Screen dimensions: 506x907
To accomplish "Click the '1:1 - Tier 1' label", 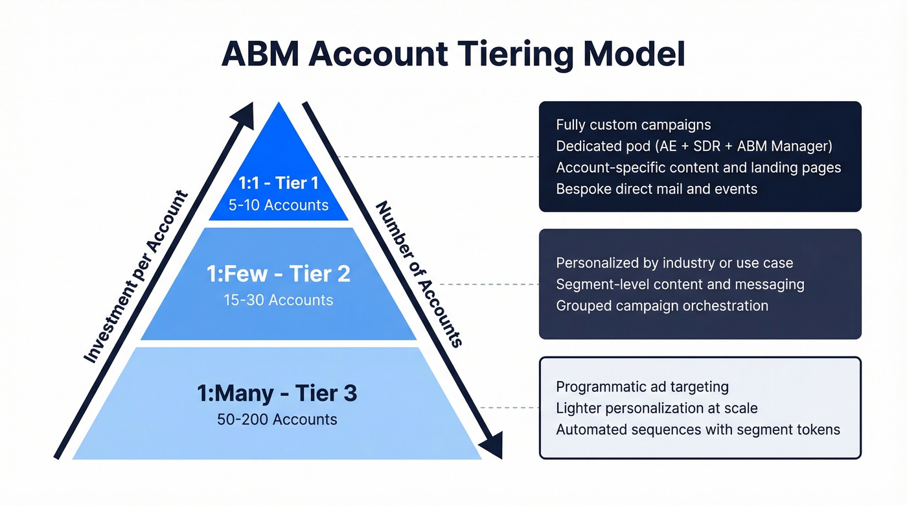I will [x=279, y=183].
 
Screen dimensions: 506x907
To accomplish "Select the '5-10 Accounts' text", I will [x=279, y=205].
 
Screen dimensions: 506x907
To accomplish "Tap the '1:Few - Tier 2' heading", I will [x=279, y=274].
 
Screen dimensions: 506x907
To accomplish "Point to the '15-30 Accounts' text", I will [x=279, y=300].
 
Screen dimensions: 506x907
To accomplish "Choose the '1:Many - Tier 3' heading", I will [x=277, y=393].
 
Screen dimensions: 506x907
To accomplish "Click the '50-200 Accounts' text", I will [x=277, y=419].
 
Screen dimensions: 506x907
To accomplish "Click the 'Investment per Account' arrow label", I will [x=136, y=277].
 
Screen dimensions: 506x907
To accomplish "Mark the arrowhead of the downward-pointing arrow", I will [x=492, y=447].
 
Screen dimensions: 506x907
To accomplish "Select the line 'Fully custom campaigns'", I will [x=633, y=125].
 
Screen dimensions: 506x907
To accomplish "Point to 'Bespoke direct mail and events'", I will [x=656, y=189].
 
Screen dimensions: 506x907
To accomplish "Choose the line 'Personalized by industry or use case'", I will [x=674, y=263].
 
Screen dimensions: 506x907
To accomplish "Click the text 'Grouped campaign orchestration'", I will [x=662, y=306].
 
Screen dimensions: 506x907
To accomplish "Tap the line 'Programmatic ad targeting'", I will [x=642, y=387].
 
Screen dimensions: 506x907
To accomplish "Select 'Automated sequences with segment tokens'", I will [x=698, y=430].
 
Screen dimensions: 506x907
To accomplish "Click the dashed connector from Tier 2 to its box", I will [x=489, y=284].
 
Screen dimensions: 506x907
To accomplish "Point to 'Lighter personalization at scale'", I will [x=656, y=408].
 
